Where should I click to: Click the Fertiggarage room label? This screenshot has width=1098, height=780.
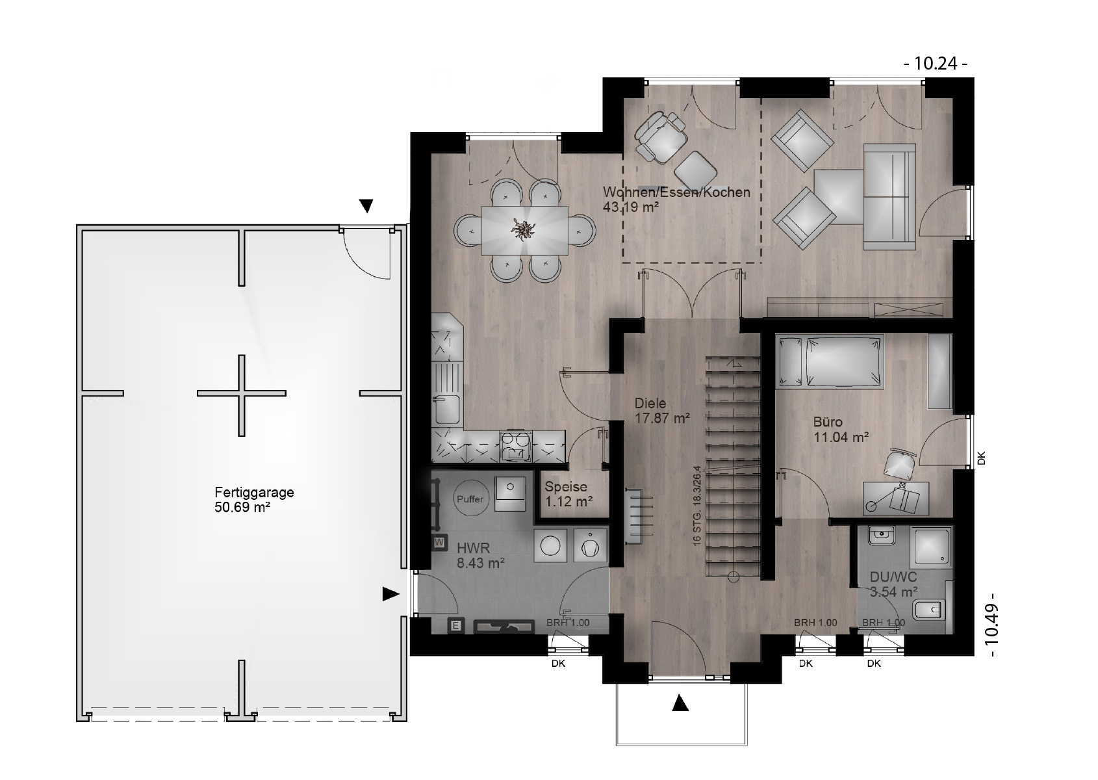254,492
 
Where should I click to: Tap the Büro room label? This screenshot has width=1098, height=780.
828,422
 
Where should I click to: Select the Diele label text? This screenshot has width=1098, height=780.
650,403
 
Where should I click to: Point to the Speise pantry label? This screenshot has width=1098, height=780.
566,487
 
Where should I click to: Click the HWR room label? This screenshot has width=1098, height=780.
473,547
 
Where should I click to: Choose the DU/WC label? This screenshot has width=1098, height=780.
893,577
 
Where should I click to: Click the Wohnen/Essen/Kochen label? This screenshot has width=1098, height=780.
676,192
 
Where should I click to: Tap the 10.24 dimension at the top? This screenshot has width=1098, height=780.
936,64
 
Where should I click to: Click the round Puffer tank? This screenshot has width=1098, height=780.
470,499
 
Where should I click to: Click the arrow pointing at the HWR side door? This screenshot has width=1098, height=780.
390,594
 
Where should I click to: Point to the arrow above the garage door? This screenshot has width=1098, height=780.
366,206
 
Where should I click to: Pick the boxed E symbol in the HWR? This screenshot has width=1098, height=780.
456,626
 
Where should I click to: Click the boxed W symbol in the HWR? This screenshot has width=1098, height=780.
439,543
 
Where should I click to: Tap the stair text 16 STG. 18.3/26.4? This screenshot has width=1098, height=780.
697,506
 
